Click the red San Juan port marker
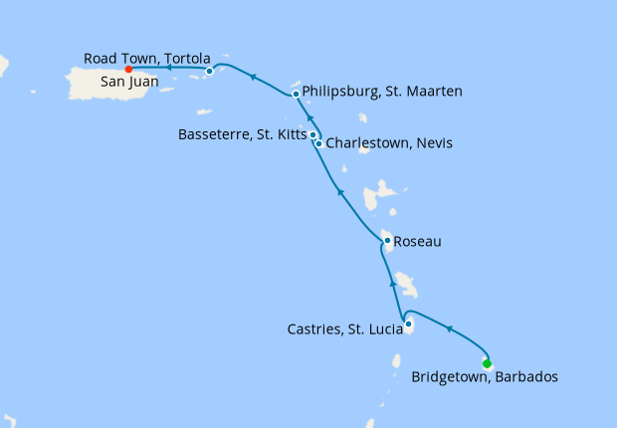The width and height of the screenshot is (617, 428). pos(128,70)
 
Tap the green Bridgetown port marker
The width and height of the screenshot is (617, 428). pos(487,363)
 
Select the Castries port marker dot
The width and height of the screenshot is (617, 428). pos(409,323)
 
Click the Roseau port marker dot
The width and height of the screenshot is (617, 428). pos(387,240)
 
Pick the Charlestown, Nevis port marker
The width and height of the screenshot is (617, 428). pos(318,143)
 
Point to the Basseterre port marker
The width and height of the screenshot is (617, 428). pos(312,134)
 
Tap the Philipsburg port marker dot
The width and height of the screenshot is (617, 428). pos(296,95)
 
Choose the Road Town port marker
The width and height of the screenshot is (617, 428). pos(209,71)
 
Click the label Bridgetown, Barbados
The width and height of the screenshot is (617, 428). pos(484,377)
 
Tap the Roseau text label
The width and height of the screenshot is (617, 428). pos(417,241)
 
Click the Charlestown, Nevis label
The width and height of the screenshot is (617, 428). pos(389,143)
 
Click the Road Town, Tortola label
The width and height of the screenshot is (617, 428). pos(146,58)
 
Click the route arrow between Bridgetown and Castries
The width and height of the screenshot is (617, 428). pos(449,329)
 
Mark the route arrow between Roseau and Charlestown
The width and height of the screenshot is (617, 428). pos(339,191)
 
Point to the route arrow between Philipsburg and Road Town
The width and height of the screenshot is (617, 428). pos(253,76)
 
